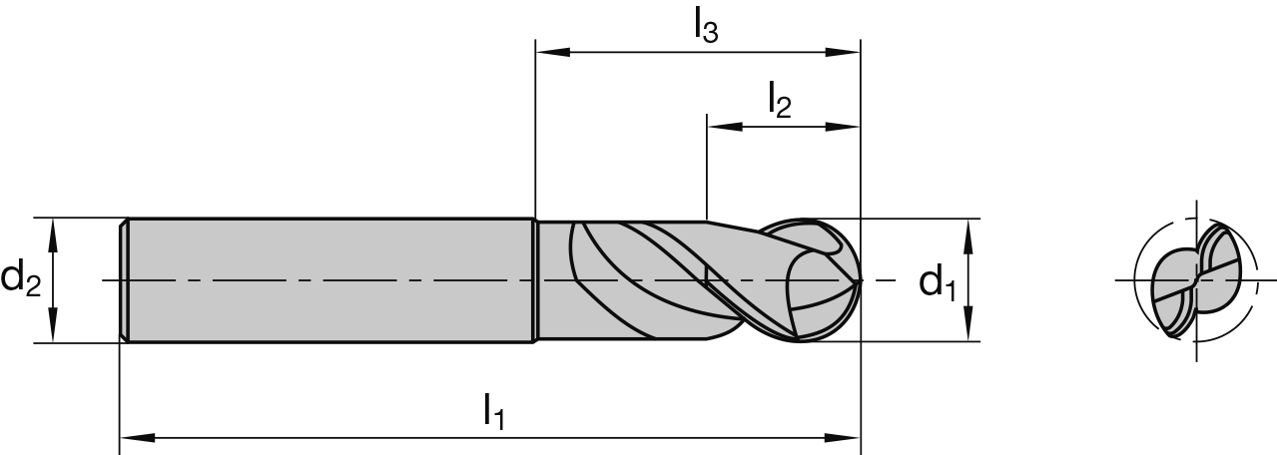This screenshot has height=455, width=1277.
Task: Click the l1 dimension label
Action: click(493, 410)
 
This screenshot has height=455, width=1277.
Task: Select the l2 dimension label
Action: click(779, 100)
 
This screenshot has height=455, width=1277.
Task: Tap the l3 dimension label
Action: click(705, 26)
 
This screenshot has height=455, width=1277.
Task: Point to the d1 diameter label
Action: click(937, 283)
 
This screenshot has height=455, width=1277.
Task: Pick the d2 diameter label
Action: click(21, 278)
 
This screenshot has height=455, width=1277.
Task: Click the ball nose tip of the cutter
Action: click(860, 281)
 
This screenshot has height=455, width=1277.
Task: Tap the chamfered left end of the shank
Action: click(124, 280)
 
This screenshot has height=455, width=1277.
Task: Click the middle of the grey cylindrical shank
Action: click(329, 280)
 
